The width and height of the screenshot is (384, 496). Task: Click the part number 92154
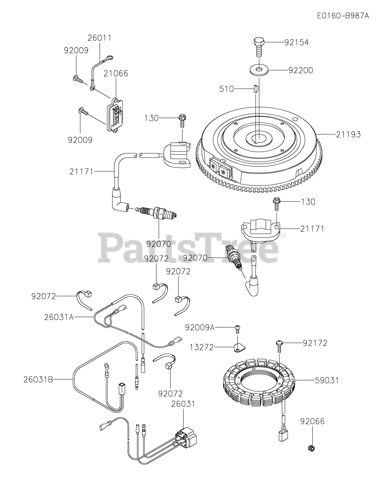pyautogui.click(x=296, y=43)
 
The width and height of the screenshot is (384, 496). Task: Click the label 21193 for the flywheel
pyautogui.click(x=348, y=134)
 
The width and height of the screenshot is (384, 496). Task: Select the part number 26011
pyautogui.click(x=99, y=38)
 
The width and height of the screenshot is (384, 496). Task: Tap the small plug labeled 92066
pyautogui.click(x=311, y=449)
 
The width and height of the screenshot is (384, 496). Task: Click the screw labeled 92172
pyautogui.click(x=279, y=343)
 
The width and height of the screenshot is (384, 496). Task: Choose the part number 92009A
pyautogui.click(x=200, y=327)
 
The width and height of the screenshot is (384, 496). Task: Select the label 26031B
pyautogui.click(x=38, y=379)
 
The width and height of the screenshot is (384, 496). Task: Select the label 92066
pyautogui.click(x=312, y=421)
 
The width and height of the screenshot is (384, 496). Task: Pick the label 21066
pyautogui.click(x=115, y=73)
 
